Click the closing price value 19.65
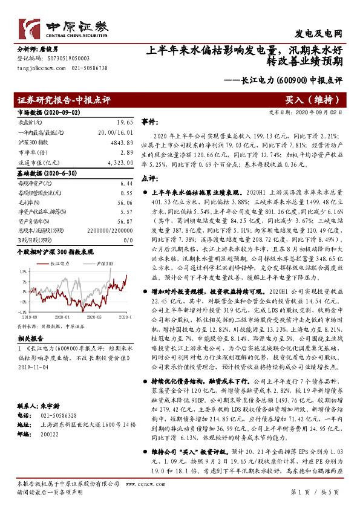(x=125, y=122)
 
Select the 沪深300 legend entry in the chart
(x=105, y=264)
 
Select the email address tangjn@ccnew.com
(x=38, y=69)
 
